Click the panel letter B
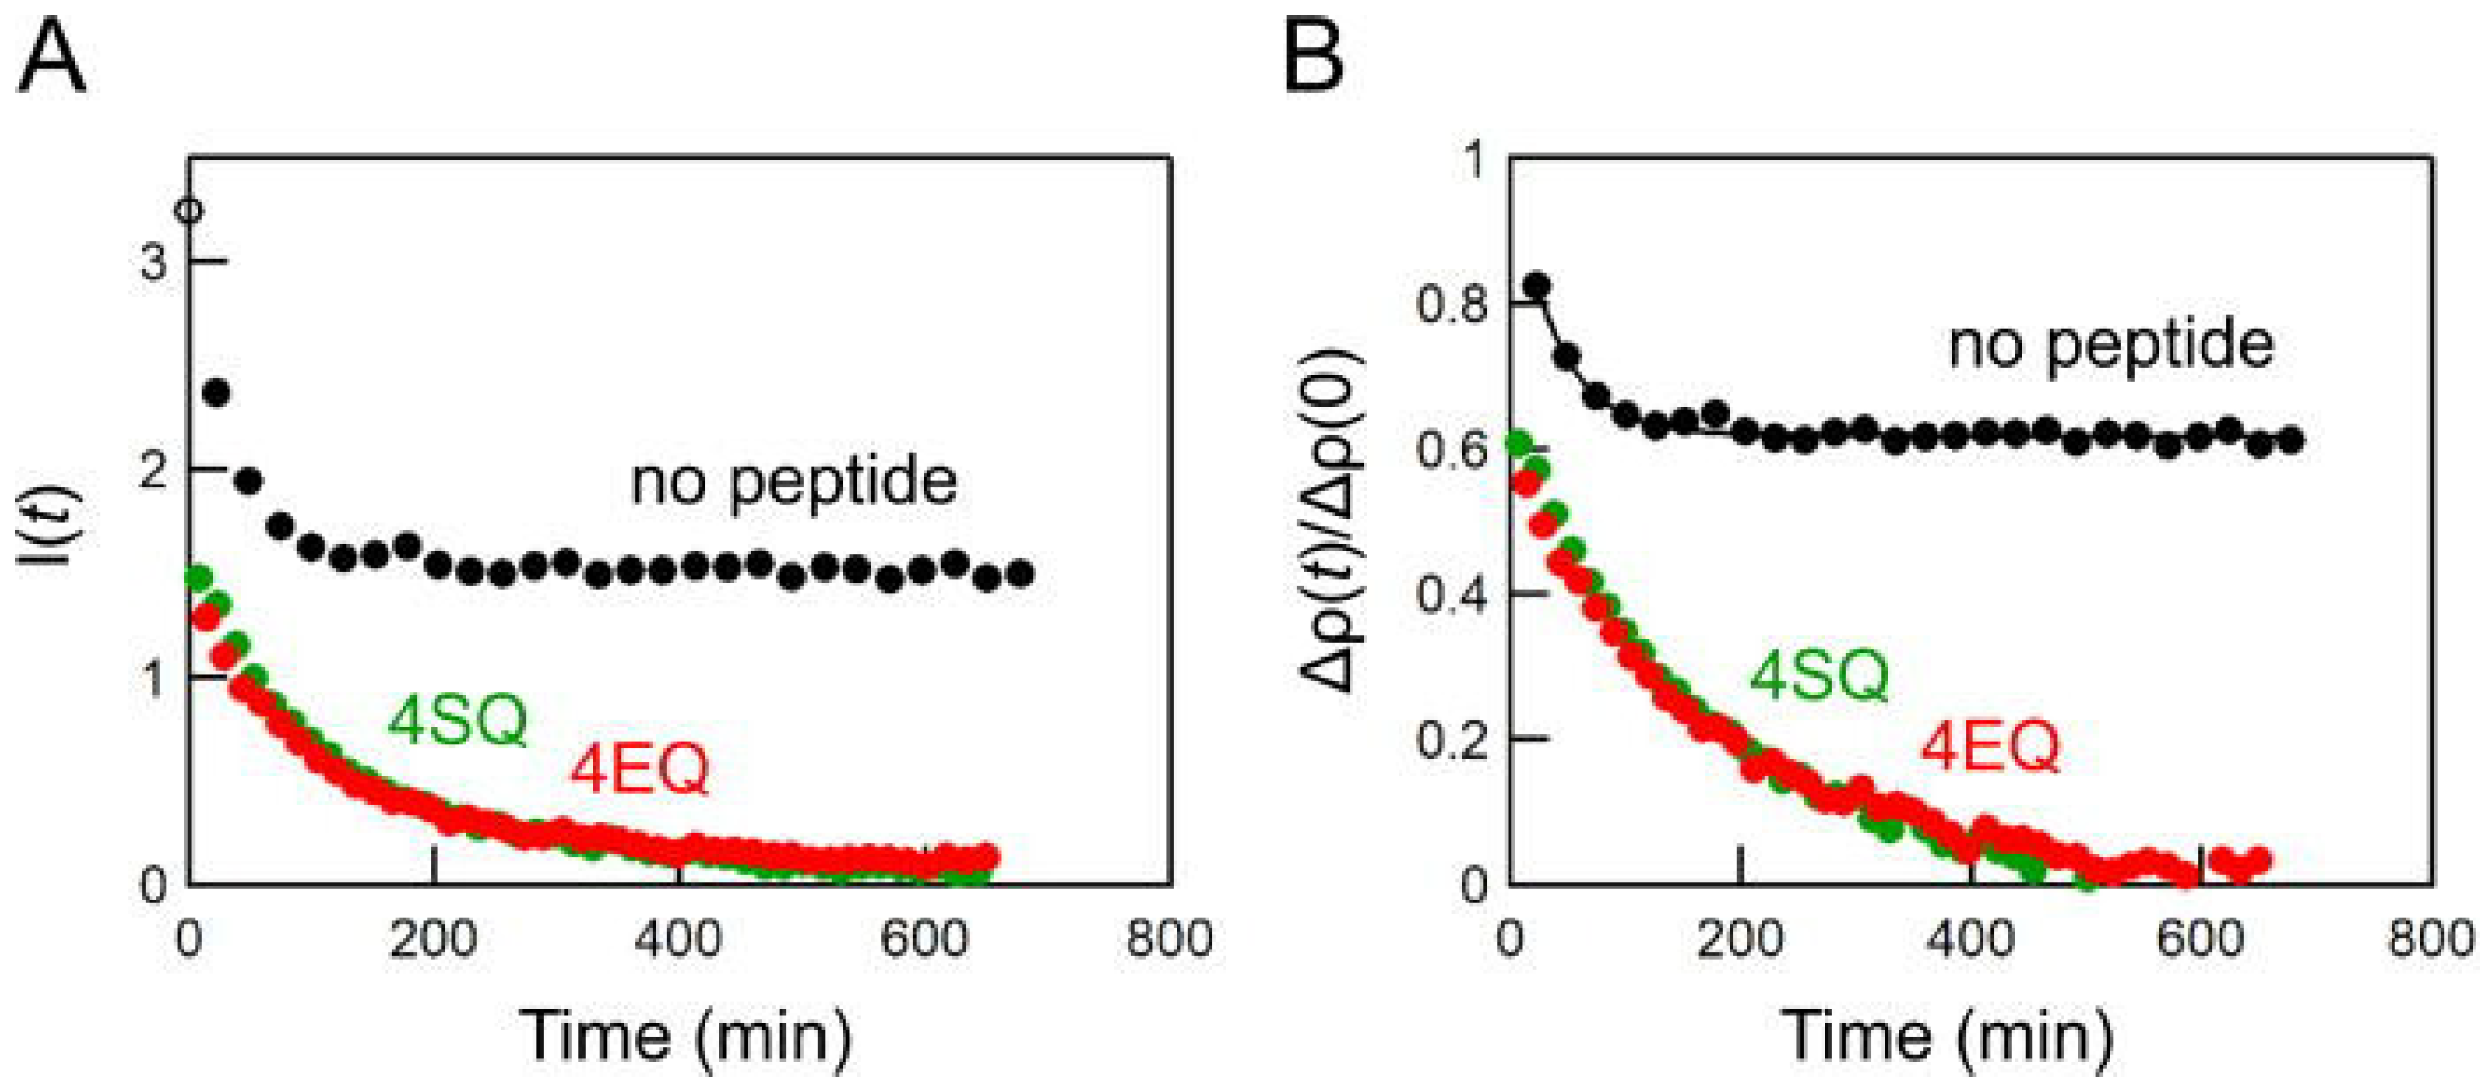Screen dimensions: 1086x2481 (x=1314, y=59)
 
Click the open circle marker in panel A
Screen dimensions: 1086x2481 (x=192, y=210)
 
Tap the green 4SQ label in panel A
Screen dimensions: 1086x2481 (x=457, y=721)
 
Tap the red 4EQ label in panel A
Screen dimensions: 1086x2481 (x=640, y=770)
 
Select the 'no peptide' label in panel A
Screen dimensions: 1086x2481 (x=794, y=482)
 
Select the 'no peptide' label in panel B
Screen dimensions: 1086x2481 (x=2111, y=345)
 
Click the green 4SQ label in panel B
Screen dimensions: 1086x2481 (x=1818, y=677)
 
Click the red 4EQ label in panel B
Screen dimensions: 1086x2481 (x=1991, y=747)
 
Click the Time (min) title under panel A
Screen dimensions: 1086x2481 (x=686, y=1036)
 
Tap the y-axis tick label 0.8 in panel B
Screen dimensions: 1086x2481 (x=1450, y=306)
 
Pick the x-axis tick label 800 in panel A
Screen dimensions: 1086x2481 (x=1169, y=938)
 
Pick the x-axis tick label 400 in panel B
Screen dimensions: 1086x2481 (x=1970, y=938)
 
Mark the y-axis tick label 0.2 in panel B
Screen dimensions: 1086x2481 (x=1450, y=740)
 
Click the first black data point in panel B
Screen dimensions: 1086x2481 (x=1538, y=285)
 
